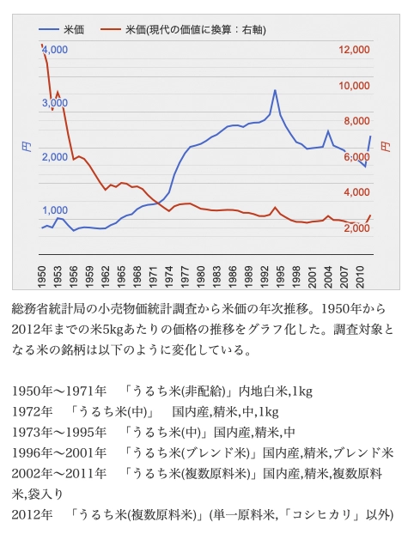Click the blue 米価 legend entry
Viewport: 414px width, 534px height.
(61, 30)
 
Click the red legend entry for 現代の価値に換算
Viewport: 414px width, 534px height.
(184, 30)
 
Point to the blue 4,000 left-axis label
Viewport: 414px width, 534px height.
(55, 50)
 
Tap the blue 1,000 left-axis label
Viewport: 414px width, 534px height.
(55, 210)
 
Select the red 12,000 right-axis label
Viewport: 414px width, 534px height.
(354, 50)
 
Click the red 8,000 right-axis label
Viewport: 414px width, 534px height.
(356, 121)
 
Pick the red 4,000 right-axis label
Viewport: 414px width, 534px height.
(356, 192)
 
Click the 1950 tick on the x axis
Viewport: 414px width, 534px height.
(41, 276)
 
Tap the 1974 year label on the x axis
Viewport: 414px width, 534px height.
(168, 276)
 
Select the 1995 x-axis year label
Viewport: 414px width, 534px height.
(280, 276)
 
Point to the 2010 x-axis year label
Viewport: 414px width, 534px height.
(360, 276)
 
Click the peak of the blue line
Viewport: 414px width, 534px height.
(275, 90)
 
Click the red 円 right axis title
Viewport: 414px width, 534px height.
(386, 147)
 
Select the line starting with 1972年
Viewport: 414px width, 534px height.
(145, 412)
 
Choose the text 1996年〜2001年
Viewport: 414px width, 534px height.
(59, 453)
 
